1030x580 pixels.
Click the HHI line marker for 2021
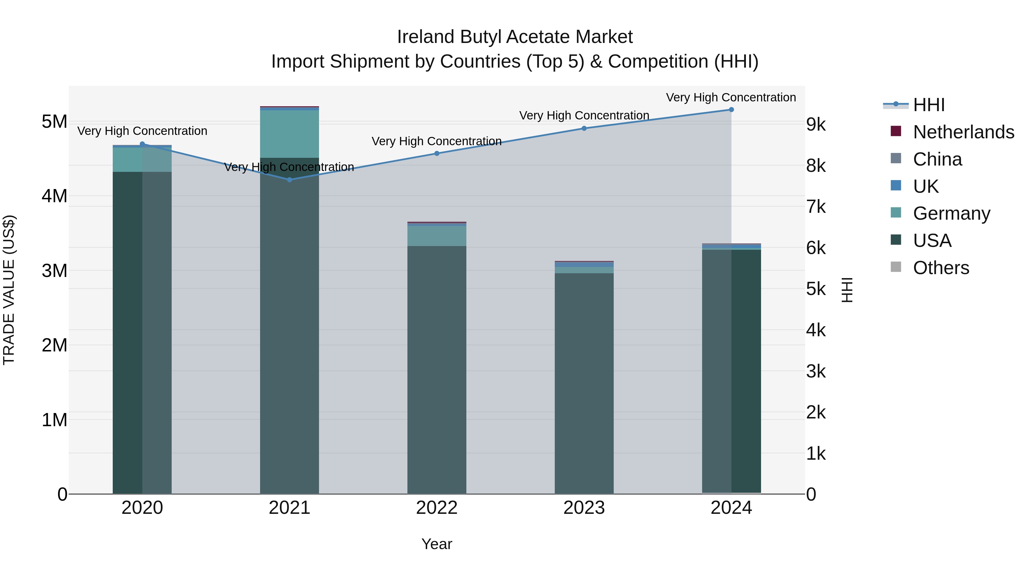pyautogui.click(x=290, y=180)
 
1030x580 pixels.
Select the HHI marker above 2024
pyautogui.click(x=731, y=110)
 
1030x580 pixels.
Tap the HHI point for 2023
pyautogui.click(x=584, y=129)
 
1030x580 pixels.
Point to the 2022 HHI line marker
pyautogui.click(x=437, y=153)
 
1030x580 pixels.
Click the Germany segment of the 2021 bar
pyautogui.click(x=290, y=134)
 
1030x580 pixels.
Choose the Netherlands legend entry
pyautogui.click(x=963, y=132)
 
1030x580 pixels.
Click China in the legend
pyautogui.click(x=937, y=159)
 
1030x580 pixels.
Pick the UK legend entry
pyautogui.click(x=926, y=186)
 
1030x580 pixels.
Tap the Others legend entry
pyautogui.click(x=941, y=268)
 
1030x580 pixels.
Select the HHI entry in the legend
pyautogui.click(x=928, y=105)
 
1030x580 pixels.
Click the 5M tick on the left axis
pyautogui.click(x=54, y=122)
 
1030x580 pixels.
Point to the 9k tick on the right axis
pyautogui.click(x=816, y=125)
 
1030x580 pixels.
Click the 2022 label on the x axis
pyautogui.click(x=437, y=508)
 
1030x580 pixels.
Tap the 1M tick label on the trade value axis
pyautogui.click(x=54, y=420)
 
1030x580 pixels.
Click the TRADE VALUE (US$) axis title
pyautogui.click(x=9, y=290)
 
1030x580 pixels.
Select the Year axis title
pyautogui.click(x=437, y=544)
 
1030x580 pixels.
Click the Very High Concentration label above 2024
pyautogui.click(x=731, y=97)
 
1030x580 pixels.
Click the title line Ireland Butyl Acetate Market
pyautogui.click(x=515, y=37)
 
